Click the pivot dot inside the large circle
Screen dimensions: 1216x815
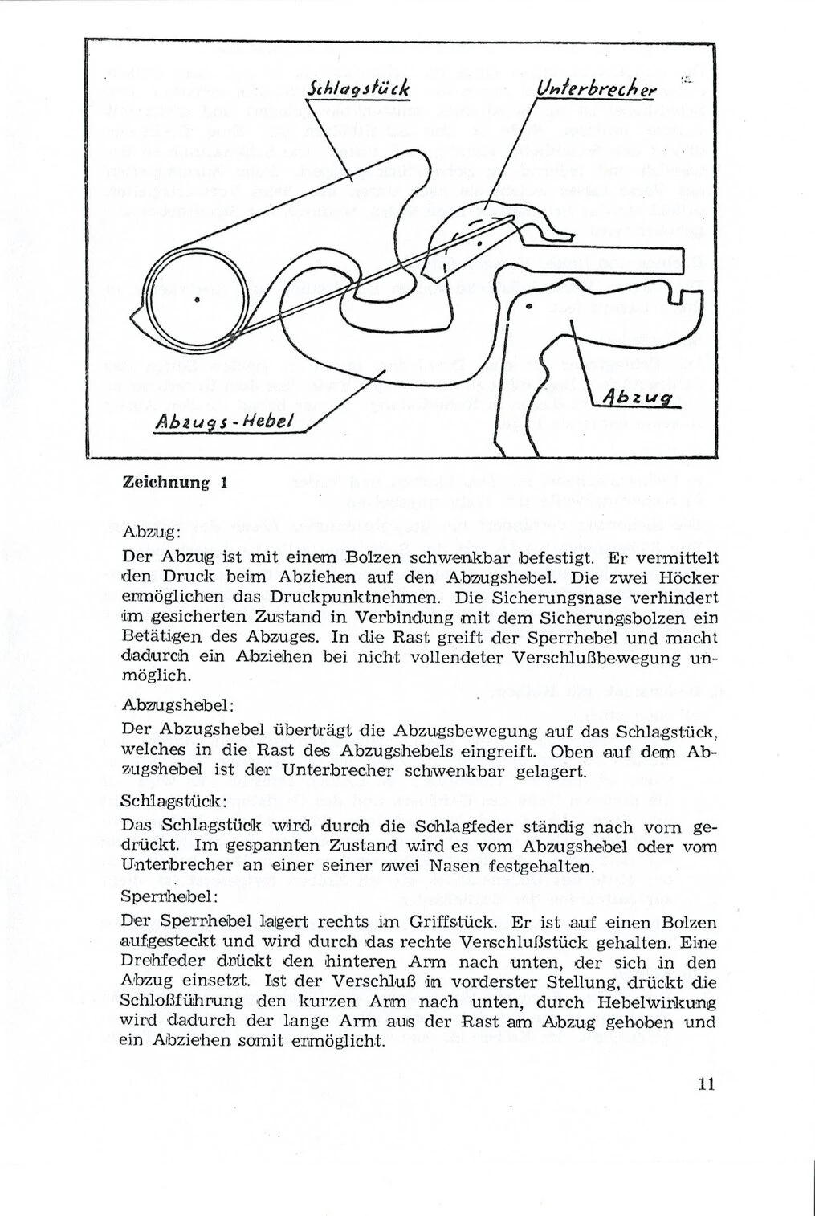(197, 299)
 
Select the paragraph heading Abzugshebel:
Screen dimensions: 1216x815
(178, 705)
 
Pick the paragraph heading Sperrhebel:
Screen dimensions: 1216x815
(167, 895)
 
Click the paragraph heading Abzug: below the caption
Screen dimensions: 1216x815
(152, 533)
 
